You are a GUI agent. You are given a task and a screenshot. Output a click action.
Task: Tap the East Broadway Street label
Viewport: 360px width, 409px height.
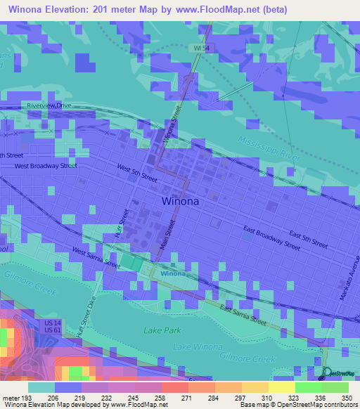[271, 238]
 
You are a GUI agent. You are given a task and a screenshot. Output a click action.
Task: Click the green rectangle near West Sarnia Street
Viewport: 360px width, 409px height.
[131, 261]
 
